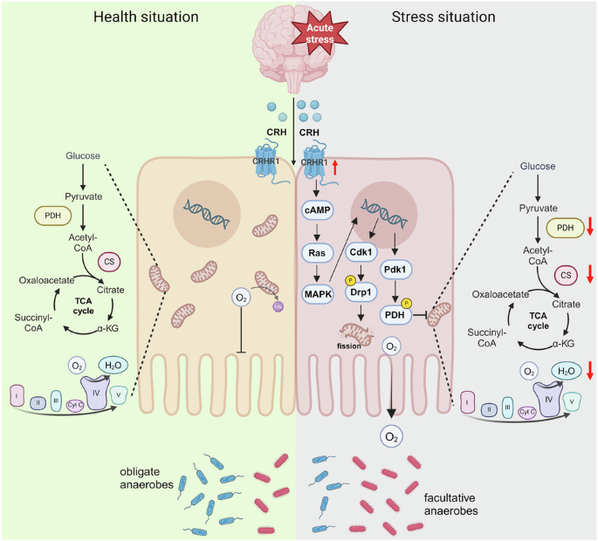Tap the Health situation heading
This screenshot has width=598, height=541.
click(146, 17)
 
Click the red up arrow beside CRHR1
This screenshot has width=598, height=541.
click(334, 163)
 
